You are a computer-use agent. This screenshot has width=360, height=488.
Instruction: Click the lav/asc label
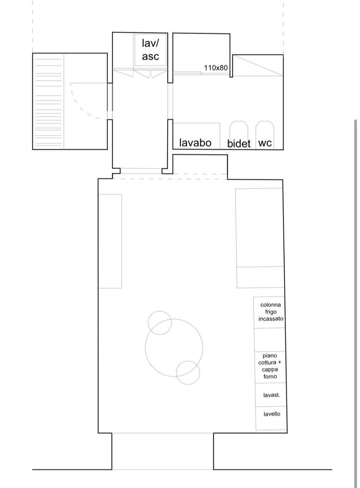coord(151,50)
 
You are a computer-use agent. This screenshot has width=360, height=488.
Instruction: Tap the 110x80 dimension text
coord(216,67)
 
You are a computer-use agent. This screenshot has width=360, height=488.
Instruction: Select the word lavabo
coord(195,143)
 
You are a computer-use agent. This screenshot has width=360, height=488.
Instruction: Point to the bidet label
coord(239,143)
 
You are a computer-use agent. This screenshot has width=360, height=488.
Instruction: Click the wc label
coord(265,143)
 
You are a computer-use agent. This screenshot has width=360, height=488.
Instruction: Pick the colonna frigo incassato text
coord(271,311)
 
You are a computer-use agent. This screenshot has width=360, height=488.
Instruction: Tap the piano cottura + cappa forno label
coord(270,366)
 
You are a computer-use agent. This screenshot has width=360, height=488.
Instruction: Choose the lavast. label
coord(272,395)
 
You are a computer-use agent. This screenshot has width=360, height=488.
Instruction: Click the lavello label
coord(272,414)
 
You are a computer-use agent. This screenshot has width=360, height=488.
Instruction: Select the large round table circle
coord(145,347)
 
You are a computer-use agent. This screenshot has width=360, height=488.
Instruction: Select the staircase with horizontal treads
coord(48,101)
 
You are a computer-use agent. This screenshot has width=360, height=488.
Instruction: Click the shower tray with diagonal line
coord(258,66)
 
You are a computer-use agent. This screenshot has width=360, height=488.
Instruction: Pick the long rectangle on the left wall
coord(110,241)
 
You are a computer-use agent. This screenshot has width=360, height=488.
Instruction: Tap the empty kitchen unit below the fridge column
coord(269,340)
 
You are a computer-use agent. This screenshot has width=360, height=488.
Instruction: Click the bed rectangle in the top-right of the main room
coord(260,238)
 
